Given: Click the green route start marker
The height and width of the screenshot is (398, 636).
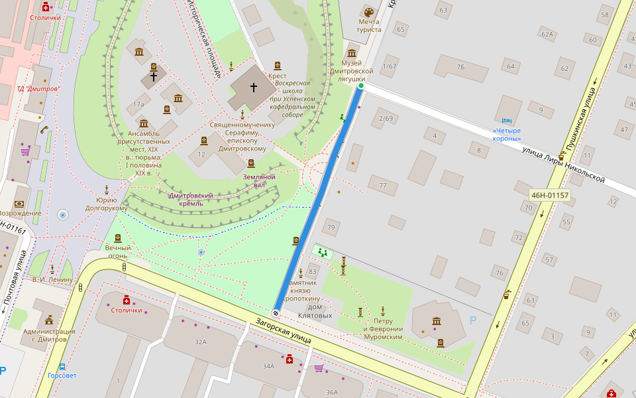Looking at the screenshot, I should click(361, 86).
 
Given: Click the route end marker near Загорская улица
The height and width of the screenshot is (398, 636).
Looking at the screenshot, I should click(276, 312).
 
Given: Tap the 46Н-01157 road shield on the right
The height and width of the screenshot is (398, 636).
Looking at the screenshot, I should click(550, 195).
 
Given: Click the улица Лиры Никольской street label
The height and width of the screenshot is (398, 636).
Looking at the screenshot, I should click(564, 166).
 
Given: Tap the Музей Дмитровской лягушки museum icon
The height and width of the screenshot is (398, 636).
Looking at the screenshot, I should click(352, 52).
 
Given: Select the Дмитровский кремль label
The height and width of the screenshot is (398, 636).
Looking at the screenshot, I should click(191, 199).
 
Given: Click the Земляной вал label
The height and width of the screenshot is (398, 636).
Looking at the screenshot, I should click(258, 180).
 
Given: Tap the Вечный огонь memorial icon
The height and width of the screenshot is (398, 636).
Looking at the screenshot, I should click(118, 238).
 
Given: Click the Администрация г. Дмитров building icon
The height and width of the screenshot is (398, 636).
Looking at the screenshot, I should click(49, 321).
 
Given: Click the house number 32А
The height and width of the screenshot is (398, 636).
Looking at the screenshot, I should click(201, 342).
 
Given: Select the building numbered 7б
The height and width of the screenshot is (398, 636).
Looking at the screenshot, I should click(460, 67).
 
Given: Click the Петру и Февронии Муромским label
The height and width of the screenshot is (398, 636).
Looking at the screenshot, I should click(383, 329).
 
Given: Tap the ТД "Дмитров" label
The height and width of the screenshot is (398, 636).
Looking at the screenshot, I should click(38, 89).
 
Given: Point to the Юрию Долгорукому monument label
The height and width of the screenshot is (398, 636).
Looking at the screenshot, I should click(106, 204).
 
